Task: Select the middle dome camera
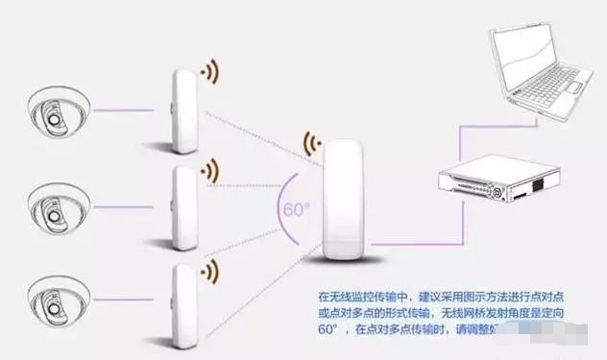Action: coord(56,204)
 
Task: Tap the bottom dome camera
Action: coord(56,292)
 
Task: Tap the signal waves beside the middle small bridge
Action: coord(207,172)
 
